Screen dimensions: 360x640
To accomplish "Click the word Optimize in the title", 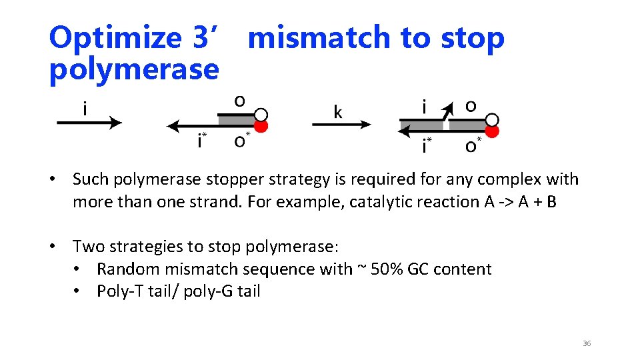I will (x=113, y=38).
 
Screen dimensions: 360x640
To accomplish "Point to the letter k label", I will (x=337, y=111).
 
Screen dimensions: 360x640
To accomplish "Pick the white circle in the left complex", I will (x=261, y=114).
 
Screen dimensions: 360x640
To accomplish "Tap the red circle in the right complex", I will (x=492, y=131).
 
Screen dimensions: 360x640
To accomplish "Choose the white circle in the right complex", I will (x=492, y=119).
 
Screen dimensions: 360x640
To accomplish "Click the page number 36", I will (x=586, y=343).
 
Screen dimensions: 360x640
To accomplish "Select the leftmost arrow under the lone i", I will (x=89, y=123).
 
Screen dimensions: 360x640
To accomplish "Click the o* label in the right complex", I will (x=471, y=145).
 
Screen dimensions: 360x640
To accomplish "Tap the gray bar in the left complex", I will (x=237, y=119).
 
